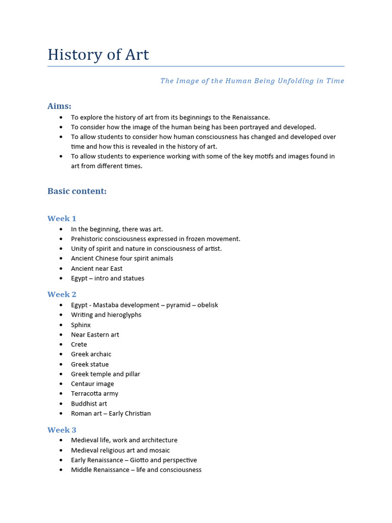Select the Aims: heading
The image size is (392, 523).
[x=59, y=106]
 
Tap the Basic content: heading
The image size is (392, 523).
[x=77, y=191]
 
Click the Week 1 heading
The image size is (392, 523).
[x=62, y=219]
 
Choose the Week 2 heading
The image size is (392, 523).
[x=62, y=294]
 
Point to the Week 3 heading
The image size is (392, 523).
[x=62, y=430]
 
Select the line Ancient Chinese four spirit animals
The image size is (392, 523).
[x=122, y=258]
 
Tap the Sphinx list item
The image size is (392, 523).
[x=81, y=325]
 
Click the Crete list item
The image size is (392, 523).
[x=79, y=344]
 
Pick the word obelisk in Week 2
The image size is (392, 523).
[x=205, y=305]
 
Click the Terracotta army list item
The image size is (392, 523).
[x=94, y=394]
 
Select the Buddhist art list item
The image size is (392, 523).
[x=89, y=403]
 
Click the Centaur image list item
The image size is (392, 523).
[x=92, y=384]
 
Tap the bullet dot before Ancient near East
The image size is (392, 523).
[x=61, y=269]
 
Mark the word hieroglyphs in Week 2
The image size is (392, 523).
[x=125, y=315]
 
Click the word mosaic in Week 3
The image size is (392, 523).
[x=159, y=450]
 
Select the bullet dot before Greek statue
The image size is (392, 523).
[x=61, y=364]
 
